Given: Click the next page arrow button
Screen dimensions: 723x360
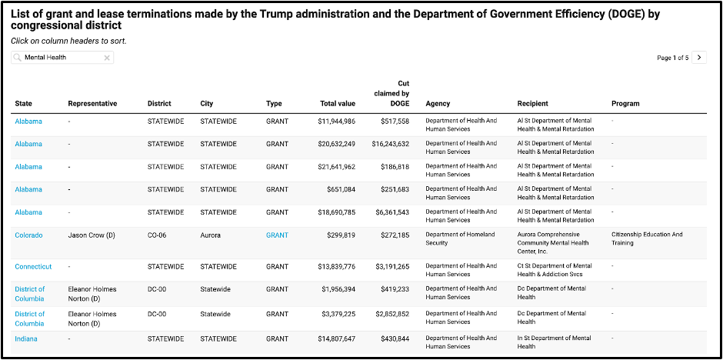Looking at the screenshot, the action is pos(699,58).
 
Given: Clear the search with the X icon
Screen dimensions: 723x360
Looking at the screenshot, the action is pos(106,58).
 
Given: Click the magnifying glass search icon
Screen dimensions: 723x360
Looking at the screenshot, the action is pos(18,58).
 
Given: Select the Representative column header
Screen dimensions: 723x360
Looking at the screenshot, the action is pos(92,104).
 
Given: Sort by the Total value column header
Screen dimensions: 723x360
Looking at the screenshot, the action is pos(338,104).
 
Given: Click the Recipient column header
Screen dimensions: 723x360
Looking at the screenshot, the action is pos(532,104).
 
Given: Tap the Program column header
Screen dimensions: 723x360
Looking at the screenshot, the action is pos(625,104).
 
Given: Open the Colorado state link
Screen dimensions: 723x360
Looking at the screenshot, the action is pos(28,235).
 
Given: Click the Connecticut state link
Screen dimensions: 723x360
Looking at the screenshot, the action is pos(33,266).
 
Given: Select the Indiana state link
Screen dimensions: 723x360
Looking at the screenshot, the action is pos(26,338).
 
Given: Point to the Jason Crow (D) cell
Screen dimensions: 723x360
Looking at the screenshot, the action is pos(92,235).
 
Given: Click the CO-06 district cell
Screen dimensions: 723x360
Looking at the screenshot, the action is pos(157,235).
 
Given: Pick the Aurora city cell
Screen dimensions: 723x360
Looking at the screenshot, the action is pos(210,235).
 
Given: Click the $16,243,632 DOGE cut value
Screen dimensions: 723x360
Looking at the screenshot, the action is pos(391,144).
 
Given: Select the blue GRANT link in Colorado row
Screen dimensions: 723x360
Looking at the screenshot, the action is pos(277,235).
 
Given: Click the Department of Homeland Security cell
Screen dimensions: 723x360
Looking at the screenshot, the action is pos(460,238).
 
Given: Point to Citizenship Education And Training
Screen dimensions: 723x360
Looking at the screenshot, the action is pos(647,238).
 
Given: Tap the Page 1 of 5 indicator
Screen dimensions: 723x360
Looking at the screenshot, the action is pos(673,58).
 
